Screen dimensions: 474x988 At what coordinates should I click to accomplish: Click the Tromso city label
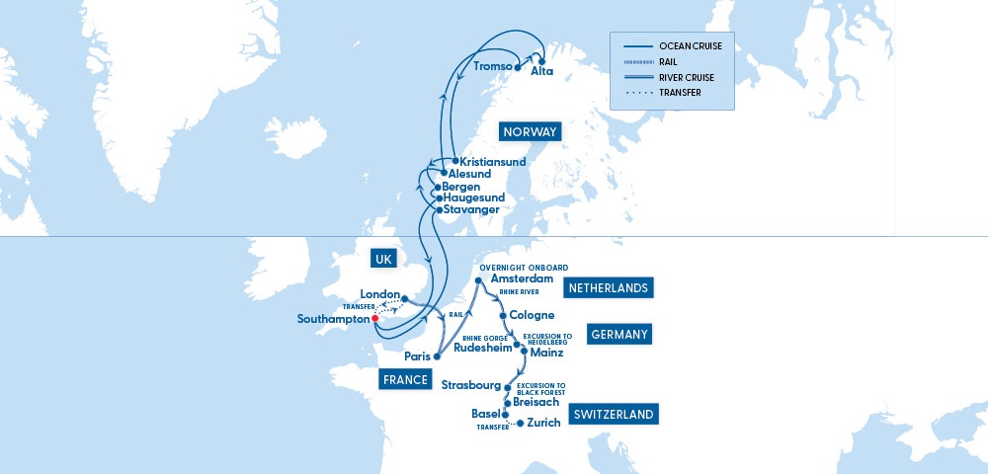(491, 67)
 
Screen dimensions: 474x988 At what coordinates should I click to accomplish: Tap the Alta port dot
(541, 60)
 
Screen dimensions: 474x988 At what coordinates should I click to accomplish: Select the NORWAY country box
(531, 132)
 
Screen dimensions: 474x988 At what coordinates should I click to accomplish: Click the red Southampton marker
(375, 319)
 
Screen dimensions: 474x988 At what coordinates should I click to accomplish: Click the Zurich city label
(544, 423)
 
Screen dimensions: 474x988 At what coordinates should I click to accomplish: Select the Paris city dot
(436, 356)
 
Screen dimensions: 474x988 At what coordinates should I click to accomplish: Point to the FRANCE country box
(407, 380)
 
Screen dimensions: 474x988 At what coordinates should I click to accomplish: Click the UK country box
(383, 259)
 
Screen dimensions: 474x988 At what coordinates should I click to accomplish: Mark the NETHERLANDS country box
(610, 288)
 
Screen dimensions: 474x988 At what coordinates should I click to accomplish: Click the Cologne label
(532, 316)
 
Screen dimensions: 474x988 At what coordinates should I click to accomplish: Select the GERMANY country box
(619, 335)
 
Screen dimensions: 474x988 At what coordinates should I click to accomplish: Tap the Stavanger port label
(471, 209)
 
